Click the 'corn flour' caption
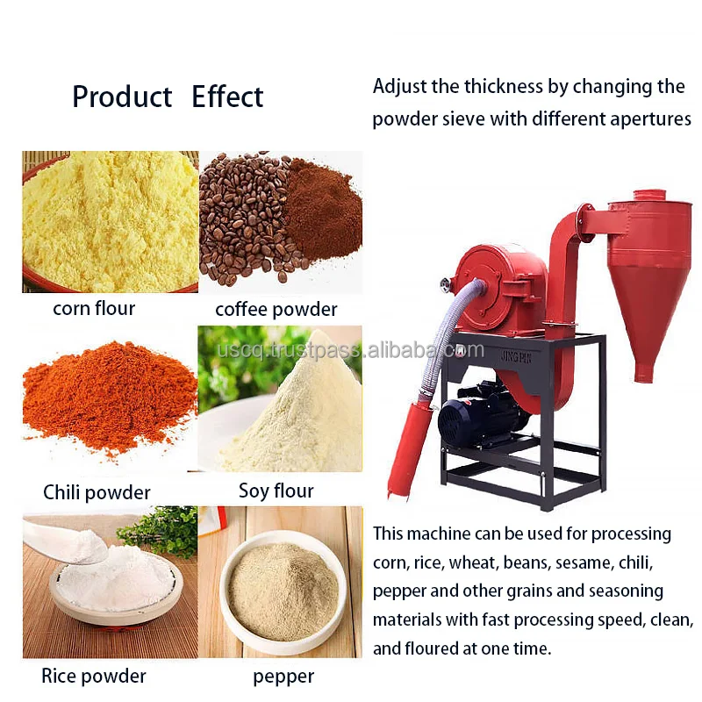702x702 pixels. click(x=94, y=308)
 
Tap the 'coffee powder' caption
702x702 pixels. click(x=276, y=310)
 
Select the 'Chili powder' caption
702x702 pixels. click(x=97, y=492)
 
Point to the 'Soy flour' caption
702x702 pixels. click(x=276, y=490)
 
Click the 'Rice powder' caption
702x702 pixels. click(x=94, y=676)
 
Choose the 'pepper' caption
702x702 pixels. click(x=283, y=677)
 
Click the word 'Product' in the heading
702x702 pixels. click(x=122, y=97)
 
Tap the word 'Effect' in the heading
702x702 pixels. click(x=227, y=97)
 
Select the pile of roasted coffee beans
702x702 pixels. click(x=241, y=219)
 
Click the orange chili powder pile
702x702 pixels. click(x=105, y=395)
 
